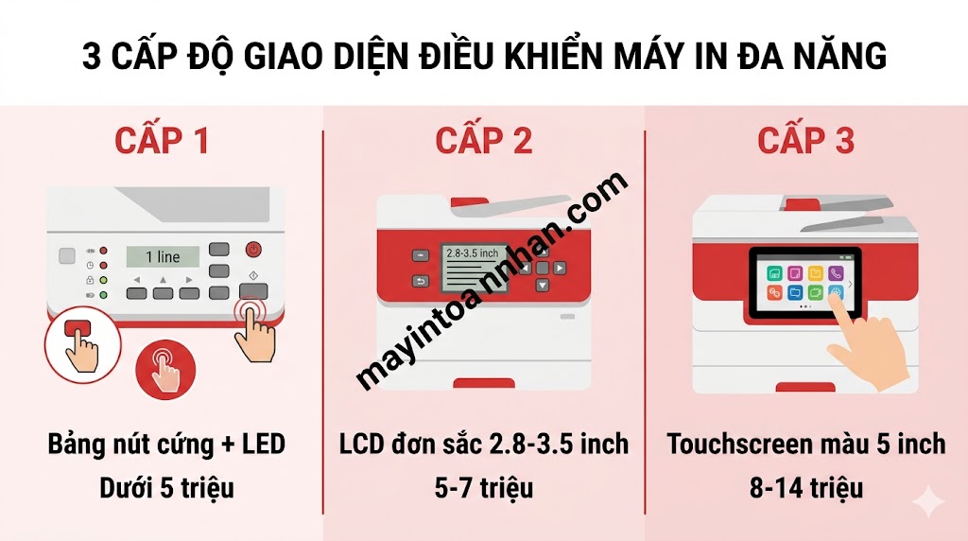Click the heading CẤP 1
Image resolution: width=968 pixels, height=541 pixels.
[x=161, y=140]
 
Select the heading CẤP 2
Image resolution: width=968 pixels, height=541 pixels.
[x=483, y=140]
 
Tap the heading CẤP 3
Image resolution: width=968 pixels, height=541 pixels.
[x=805, y=140]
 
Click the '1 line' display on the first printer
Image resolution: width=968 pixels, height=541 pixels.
[x=162, y=256]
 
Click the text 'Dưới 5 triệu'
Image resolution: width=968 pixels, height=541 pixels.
[x=166, y=488]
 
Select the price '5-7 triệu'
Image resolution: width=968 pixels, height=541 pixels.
[x=484, y=488]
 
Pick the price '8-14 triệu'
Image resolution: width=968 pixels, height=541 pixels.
[x=805, y=488]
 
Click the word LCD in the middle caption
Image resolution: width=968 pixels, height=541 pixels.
[x=364, y=444]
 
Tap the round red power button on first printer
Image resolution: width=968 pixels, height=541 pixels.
[x=253, y=250]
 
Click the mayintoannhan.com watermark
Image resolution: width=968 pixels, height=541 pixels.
[x=492, y=280]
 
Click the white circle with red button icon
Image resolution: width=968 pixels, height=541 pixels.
[x=79, y=344]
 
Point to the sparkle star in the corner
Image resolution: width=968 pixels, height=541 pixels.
[x=929, y=501]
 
